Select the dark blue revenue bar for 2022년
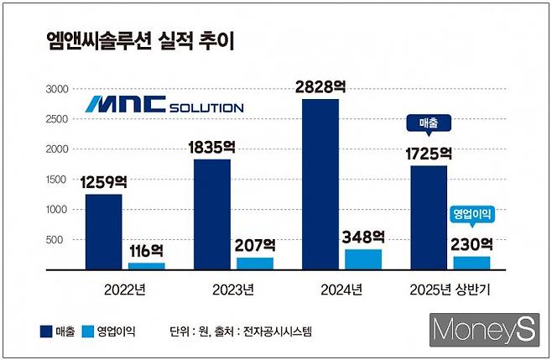103,232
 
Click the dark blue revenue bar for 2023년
211,214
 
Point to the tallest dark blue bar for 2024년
321,184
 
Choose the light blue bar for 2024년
363,258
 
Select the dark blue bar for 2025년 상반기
429,217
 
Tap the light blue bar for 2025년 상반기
471,263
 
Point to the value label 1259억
106,181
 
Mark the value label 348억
362,237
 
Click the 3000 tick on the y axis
55,89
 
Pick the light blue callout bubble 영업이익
471,215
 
